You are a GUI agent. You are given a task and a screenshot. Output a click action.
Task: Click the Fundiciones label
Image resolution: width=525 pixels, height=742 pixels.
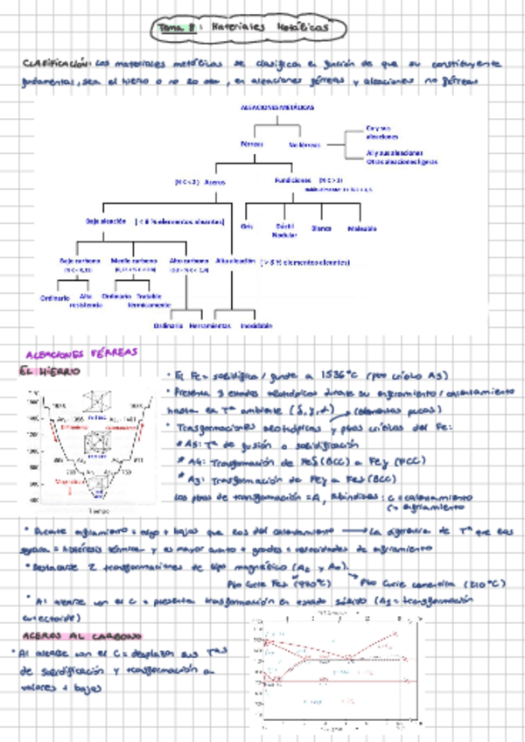(x=292, y=179)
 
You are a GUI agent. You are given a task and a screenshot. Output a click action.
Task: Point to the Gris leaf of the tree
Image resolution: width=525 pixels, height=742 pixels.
(x=247, y=227)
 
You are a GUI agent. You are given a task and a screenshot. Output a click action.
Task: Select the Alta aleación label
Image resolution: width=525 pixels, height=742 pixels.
(x=234, y=261)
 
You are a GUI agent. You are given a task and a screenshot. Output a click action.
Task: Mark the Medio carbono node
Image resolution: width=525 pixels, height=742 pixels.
(x=134, y=261)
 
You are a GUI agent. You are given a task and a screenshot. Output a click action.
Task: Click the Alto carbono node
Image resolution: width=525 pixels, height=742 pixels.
(x=189, y=261)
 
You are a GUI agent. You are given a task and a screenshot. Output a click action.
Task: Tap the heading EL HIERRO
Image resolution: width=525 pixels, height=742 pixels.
(x=51, y=372)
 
